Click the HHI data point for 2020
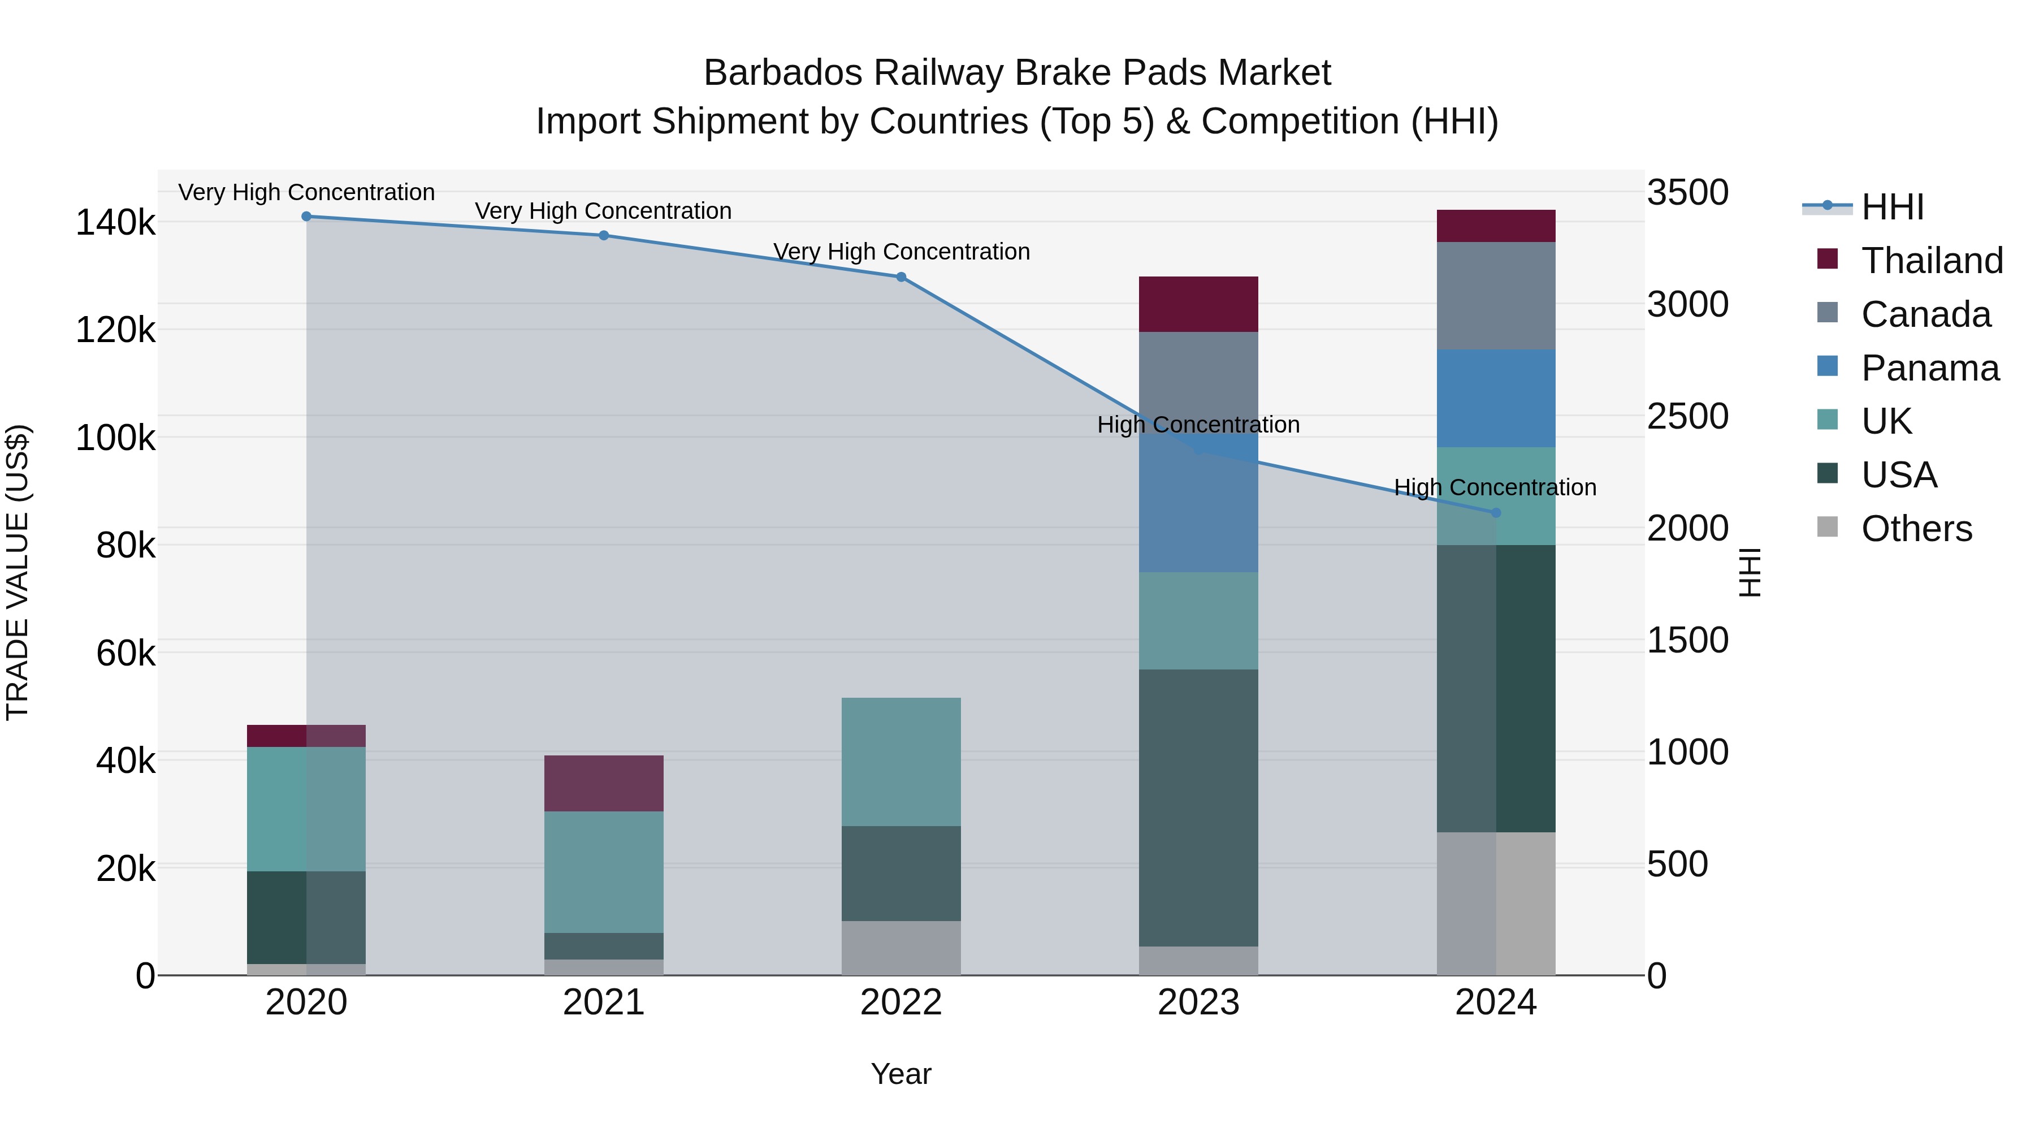[x=306, y=217]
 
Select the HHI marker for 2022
[x=900, y=276]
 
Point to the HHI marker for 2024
[x=1495, y=513]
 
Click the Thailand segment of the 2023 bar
[x=1198, y=304]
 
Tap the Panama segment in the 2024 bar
[x=1495, y=398]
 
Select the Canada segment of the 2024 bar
[x=1495, y=296]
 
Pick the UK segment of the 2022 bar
[x=900, y=762]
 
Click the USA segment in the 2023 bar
[x=1198, y=807]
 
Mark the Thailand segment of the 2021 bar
[x=604, y=783]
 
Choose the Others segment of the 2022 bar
[x=900, y=948]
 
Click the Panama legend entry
[x=1930, y=368]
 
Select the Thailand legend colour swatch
[x=1827, y=259]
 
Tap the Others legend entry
[x=1916, y=529]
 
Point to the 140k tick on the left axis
[x=115, y=223]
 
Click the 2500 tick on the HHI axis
[x=1687, y=416]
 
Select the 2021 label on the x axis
[x=604, y=1003]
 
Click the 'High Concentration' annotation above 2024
[x=1495, y=487]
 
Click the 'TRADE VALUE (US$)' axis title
[x=18, y=572]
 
